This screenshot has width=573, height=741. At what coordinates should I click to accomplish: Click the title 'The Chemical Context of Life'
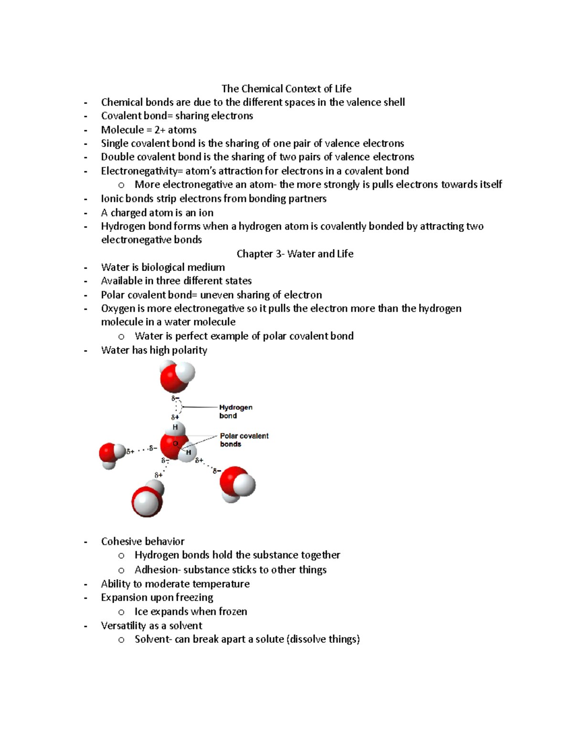pos(286,89)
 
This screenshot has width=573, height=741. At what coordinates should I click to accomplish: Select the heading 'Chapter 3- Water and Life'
pos(295,254)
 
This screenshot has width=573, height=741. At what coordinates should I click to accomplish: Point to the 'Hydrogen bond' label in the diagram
pos(235,411)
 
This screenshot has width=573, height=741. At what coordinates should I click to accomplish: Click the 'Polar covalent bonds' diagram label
pos(244,440)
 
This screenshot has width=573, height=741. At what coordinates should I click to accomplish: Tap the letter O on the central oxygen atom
pos(175,444)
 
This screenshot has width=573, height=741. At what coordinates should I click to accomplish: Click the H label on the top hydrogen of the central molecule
pos(175,427)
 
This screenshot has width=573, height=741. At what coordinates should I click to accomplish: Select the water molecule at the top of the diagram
pos(177,376)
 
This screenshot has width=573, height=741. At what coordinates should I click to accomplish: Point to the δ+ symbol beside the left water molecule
pos(130,451)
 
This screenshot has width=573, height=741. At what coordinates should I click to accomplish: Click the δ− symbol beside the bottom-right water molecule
pos(217,471)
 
